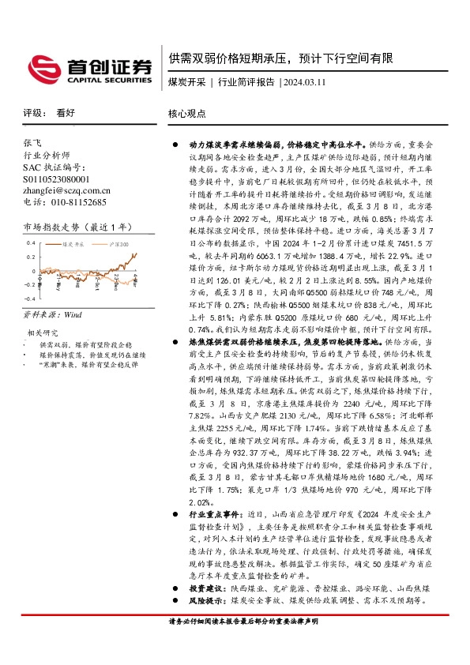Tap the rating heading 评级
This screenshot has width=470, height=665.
pyautogui.click(x=32, y=113)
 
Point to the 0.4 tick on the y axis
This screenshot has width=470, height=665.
pyautogui.click(x=31, y=244)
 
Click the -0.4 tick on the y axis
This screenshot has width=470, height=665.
pyautogui.click(x=29, y=299)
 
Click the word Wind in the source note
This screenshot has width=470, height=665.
pyautogui.click(x=73, y=314)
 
